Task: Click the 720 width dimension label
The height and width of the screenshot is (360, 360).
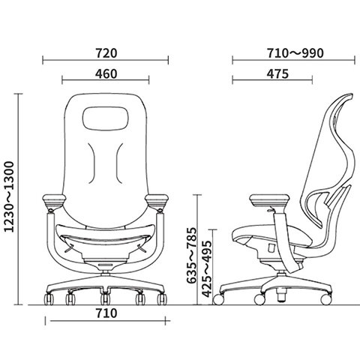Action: [x=106, y=53]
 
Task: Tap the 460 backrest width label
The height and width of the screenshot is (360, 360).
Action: [x=106, y=74]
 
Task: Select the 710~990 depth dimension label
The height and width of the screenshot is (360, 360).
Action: [x=295, y=53]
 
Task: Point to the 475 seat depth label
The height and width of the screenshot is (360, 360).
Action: [x=277, y=74]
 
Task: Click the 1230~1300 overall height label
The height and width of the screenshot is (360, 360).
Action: [x=10, y=197]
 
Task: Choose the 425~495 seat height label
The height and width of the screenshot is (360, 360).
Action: [x=206, y=268]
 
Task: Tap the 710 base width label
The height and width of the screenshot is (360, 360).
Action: [x=106, y=313]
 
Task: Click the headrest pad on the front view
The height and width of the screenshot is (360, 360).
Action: [x=106, y=118]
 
